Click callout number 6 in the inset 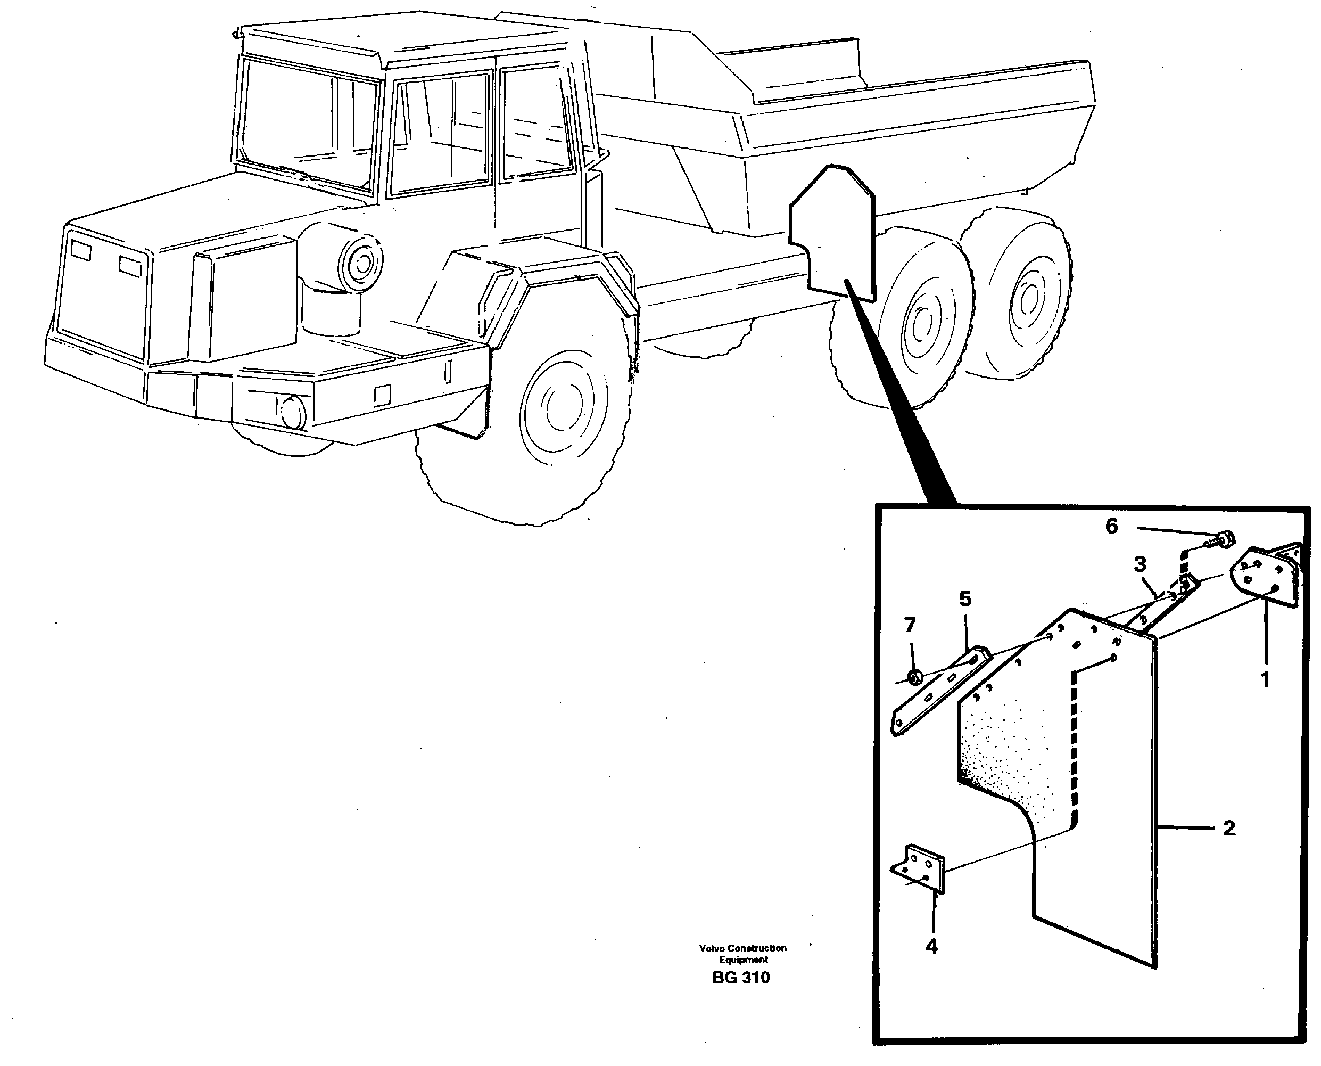click(x=1111, y=526)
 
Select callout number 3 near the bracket click(x=1140, y=564)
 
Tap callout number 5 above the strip click(x=965, y=598)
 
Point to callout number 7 click(x=910, y=625)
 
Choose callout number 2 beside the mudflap click(x=1229, y=829)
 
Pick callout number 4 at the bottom click(x=931, y=946)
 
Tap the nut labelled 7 click(x=914, y=678)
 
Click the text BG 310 click(x=741, y=978)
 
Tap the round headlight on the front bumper click(x=293, y=412)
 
